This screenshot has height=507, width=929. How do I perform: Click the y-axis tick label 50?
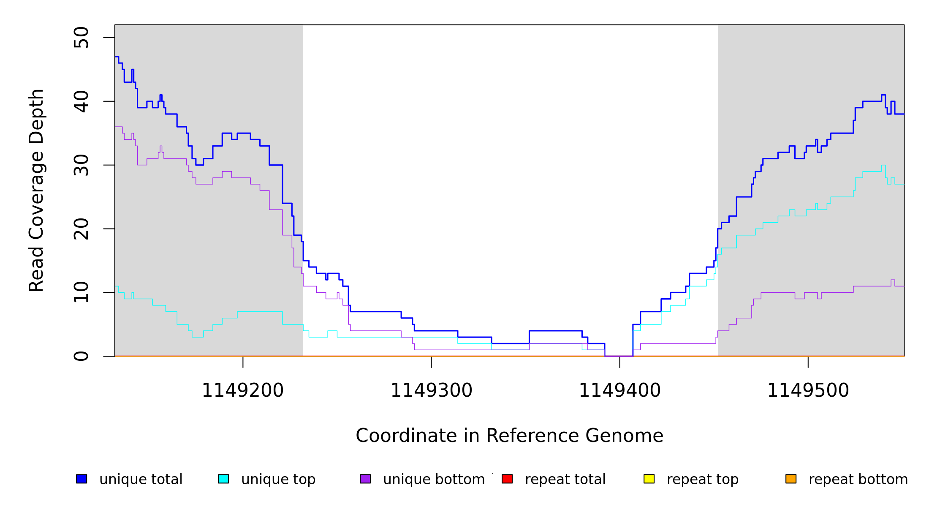[81, 38]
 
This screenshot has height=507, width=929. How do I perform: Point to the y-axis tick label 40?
[81, 101]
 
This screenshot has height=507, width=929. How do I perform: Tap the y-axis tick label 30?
[81, 165]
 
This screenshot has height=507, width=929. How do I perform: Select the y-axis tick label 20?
[81, 229]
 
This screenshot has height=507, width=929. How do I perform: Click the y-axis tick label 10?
[81, 292]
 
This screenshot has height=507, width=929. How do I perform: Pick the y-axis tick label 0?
[81, 356]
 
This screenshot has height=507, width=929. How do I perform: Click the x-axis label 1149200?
[243, 391]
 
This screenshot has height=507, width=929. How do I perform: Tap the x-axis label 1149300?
[431, 391]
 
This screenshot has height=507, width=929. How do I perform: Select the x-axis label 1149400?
[619, 391]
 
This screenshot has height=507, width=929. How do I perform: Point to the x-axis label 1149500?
[808, 391]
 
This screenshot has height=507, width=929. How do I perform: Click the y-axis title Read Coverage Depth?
[36, 190]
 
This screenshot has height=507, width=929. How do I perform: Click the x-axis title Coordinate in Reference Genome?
[509, 436]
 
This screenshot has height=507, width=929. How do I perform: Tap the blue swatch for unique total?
[81, 479]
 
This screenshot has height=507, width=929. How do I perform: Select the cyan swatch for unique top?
[223, 479]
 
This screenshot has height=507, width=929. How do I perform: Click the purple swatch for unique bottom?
[365, 479]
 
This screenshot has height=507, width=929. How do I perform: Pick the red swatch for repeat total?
[507, 479]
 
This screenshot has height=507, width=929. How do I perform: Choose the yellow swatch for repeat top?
[649, 479]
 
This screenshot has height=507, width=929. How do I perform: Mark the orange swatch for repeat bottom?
[791, 479]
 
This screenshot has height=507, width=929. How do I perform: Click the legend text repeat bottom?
[858, 480]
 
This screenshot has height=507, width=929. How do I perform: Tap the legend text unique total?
[141, 480]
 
